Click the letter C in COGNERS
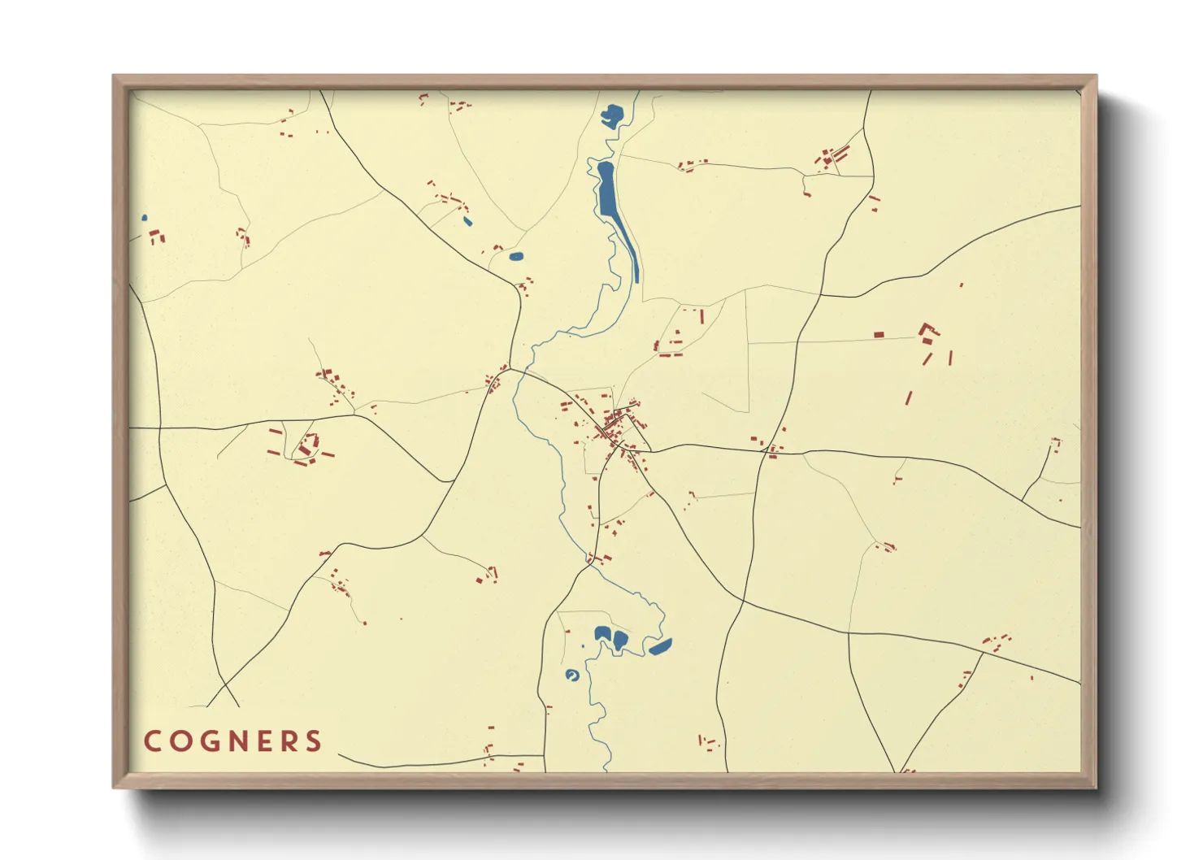[x=152, y=741]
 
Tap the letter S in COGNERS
[x=313, y=741]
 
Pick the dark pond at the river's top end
[x=611, y=115]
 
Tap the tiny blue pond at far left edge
[x=145, y=218]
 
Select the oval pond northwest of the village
[x=515, y=257]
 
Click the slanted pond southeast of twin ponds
[x=660, y=647]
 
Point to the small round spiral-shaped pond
[x=572, y=675]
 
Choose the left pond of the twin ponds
[x=602, y=633]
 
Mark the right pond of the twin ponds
[x=620, y=639]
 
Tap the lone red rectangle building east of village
[x=879, y=334]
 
